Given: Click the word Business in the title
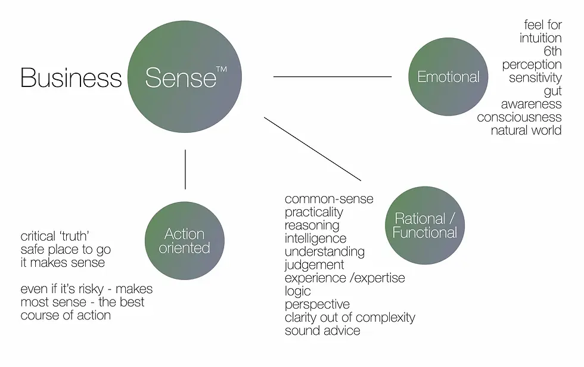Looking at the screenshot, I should pos(71,78).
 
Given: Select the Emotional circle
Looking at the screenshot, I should pos(448,77).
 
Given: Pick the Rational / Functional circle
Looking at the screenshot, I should pos(425,225).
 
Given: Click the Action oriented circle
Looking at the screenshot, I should pos(185,241).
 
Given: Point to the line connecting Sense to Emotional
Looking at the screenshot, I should pos(332,77).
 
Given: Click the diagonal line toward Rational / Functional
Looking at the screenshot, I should pos(312,148).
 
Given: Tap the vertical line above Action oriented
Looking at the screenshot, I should pos(185,169).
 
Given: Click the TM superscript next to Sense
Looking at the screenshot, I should pos(221,70).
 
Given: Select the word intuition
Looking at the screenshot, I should pos(540,38).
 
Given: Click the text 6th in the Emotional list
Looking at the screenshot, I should pos(552,51).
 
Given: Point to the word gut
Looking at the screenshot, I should pos(552,91).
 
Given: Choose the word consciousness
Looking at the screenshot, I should pos(519,117).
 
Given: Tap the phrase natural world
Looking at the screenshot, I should pos(526,130).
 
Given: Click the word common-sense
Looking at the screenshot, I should pos(329,199).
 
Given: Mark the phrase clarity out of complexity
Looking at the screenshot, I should pos(350,317).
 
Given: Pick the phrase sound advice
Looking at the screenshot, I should pos(322,330).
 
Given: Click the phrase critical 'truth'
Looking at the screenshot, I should pos(55,237).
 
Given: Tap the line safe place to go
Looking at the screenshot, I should pos(66,250).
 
